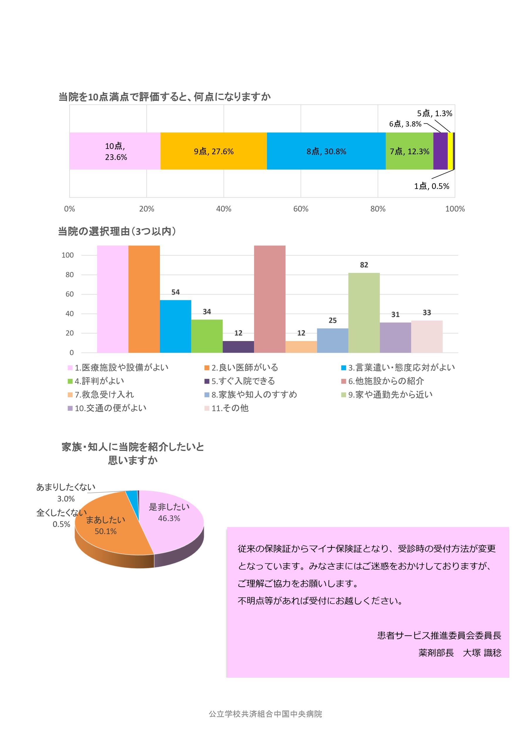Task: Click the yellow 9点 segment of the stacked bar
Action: pos(213,151)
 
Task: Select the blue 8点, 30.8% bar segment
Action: pos(326,151)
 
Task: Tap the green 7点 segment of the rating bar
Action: pos(409,151)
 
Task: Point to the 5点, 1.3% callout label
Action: pos(434,113)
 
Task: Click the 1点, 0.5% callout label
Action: pos(431,186)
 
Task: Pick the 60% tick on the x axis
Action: pos(300,209)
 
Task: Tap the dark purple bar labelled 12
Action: pos(238,347)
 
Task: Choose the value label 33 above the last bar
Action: pos(426,313)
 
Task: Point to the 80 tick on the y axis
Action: pos(69,274)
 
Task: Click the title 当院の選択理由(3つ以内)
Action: pos(117,231)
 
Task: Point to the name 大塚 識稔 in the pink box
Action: pos(482,652)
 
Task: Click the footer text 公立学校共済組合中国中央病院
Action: pos(265,714)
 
